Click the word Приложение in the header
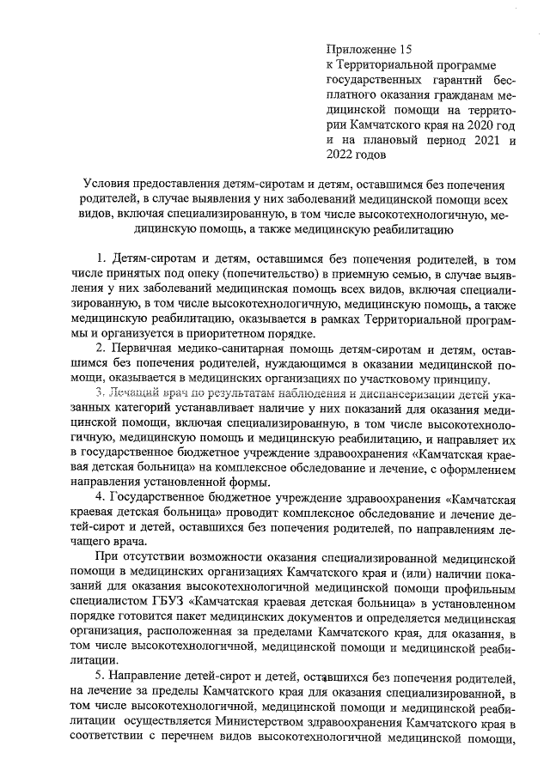[x=360, y=50]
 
